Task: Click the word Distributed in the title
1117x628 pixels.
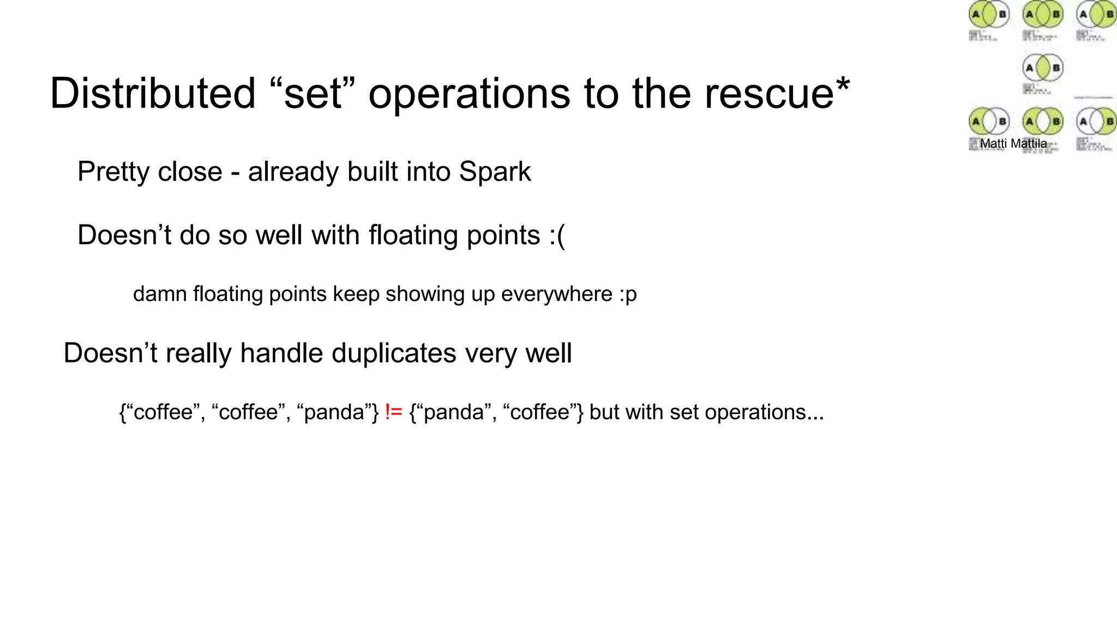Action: click(x=153, y=94)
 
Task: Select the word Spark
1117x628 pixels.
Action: click(x=495, y=172)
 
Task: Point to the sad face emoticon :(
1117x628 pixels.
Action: click(x=557, y=235)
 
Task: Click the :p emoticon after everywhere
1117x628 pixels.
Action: click(x=628, y=294)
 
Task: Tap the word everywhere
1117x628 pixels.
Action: click(x=557, y=294)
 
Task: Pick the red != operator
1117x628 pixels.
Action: click(x=393, y=412)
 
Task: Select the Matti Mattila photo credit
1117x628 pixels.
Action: click(x=1013, y=143)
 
